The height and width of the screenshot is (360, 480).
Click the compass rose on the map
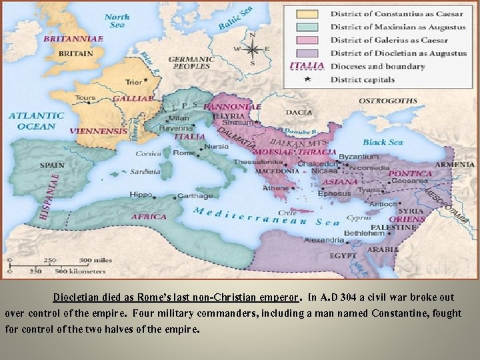[x=252, y=49]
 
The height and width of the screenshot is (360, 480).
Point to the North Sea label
[x=117, y=21]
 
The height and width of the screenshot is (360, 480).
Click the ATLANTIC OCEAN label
[x=37, y=121]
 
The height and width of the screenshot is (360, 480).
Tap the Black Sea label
[x=383, y=142]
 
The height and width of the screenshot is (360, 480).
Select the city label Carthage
[x=195, y=196]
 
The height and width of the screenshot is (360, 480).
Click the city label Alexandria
[x=324, y=240]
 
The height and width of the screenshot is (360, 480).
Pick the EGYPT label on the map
[x=343, y=255]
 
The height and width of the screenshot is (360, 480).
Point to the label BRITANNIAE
[x=73, y=39]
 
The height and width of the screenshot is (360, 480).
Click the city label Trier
[x=133, y=82]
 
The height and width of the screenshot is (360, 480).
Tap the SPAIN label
[x=52, y=165]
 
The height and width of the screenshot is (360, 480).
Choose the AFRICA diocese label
[x=149, y=217]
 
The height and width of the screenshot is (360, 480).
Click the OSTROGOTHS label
[x=388, y=101]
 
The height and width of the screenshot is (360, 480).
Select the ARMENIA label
[x=455, y=165]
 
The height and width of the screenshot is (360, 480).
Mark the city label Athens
[x=275, y=188]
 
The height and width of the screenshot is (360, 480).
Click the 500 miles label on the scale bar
[x=95, y=260]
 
